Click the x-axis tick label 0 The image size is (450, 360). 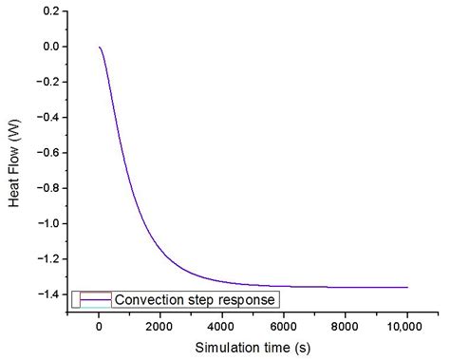click(x=99, y=326)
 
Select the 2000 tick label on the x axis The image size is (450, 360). click(x=160, y=326)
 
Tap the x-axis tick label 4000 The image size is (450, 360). click(x=221, y=326)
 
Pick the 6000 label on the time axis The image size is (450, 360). click(x=283, y=326)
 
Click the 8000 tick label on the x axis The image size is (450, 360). click(x=345, y=326)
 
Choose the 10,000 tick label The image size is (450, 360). click(x=406, y=326)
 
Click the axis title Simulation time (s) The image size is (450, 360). click(x=253, y=348)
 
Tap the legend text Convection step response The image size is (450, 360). click(x=196, y=299)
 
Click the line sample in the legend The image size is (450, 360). click(x=96, y=299)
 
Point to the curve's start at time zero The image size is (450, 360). click(x=99, y=47)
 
